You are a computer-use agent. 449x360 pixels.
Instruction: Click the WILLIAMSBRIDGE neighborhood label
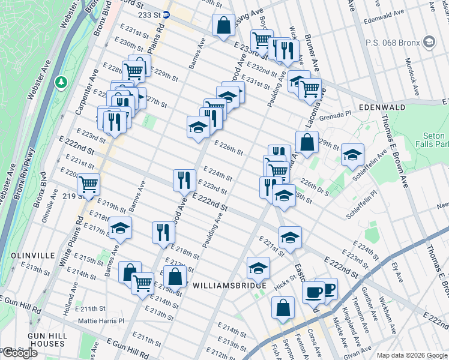coord(228,286)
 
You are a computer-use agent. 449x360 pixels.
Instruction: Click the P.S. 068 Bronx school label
coord(393,42)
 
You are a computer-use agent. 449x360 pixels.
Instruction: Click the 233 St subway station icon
coord(166,14)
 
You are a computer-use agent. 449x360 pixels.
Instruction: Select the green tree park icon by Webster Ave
coord(60,81)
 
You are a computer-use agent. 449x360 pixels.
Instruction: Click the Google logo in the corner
coord(19,353)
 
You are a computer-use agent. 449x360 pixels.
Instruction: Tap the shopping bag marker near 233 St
coord(223,26)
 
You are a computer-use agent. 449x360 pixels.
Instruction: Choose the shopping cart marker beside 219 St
coord(88,184)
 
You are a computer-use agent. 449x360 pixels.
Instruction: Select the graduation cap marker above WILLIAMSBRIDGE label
coord(258,267)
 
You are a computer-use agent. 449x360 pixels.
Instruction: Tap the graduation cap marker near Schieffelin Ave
coord(352,153)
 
